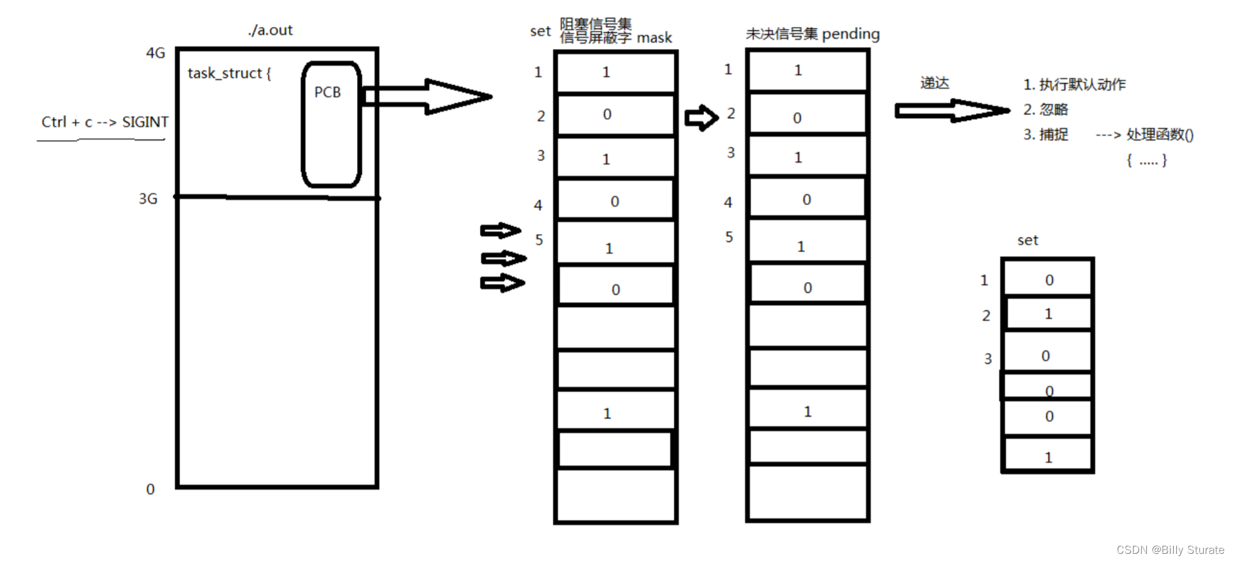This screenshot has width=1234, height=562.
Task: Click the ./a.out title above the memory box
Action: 270,30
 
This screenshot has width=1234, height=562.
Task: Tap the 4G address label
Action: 155,53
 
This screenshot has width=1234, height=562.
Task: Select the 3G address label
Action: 148,199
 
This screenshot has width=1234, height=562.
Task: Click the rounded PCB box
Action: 331,124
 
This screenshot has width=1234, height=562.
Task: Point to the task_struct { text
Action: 229,73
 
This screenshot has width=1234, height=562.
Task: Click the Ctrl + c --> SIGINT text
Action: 105,122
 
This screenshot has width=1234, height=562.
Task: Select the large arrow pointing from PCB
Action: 427,97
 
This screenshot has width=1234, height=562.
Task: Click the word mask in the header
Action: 654,38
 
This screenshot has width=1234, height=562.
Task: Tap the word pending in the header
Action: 850,34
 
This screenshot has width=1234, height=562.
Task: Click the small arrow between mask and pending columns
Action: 701,117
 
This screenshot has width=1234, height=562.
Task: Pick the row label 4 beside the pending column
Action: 728,202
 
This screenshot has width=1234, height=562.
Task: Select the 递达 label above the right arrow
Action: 934,83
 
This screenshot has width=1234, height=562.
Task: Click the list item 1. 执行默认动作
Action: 1074,85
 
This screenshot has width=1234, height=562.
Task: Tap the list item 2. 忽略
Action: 1045,110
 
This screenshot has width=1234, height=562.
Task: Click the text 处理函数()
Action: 1159,134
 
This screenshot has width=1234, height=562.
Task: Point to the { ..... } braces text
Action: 1146,161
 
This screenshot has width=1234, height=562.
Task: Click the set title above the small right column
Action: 1028,240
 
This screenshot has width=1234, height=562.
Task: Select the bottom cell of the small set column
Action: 1048,455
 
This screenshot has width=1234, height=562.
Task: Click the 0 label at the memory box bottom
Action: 151,489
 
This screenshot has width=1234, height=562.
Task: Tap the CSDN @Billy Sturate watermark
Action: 1170,549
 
